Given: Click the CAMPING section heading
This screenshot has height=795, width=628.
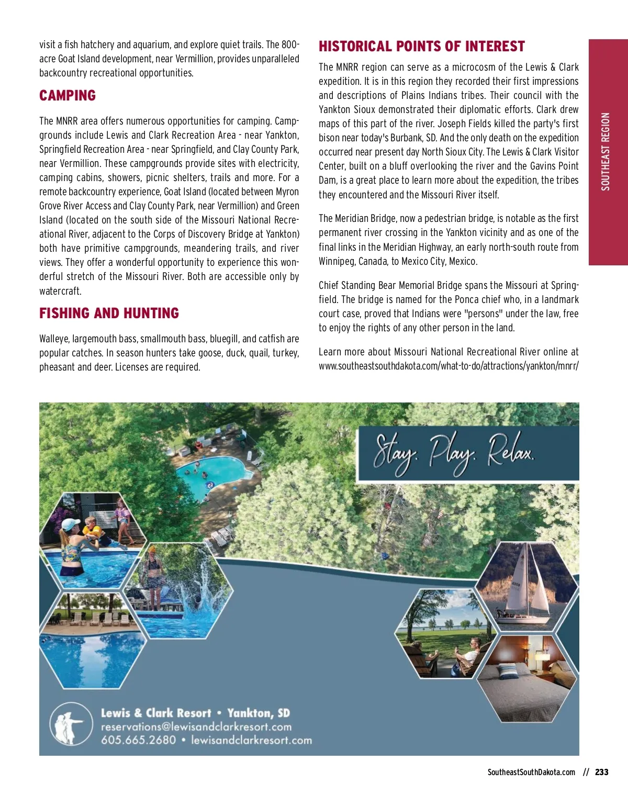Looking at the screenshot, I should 68,96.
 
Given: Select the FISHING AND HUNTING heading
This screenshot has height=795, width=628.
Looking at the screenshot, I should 109,313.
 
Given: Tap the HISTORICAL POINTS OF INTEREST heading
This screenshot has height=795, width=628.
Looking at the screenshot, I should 421,47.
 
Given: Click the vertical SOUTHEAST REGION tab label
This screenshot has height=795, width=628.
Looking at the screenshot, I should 605,152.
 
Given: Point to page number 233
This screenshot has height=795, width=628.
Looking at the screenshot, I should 602,772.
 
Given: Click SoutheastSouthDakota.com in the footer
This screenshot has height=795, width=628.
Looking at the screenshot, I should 531,772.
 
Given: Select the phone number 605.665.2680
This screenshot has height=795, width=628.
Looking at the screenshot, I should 138,740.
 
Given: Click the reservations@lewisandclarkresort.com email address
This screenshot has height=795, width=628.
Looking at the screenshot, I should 196,726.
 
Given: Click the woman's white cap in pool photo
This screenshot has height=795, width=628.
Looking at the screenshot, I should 70,524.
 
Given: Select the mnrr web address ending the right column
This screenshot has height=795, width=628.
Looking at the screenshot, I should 448,366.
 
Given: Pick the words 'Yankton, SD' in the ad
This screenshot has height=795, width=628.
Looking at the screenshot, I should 259,713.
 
